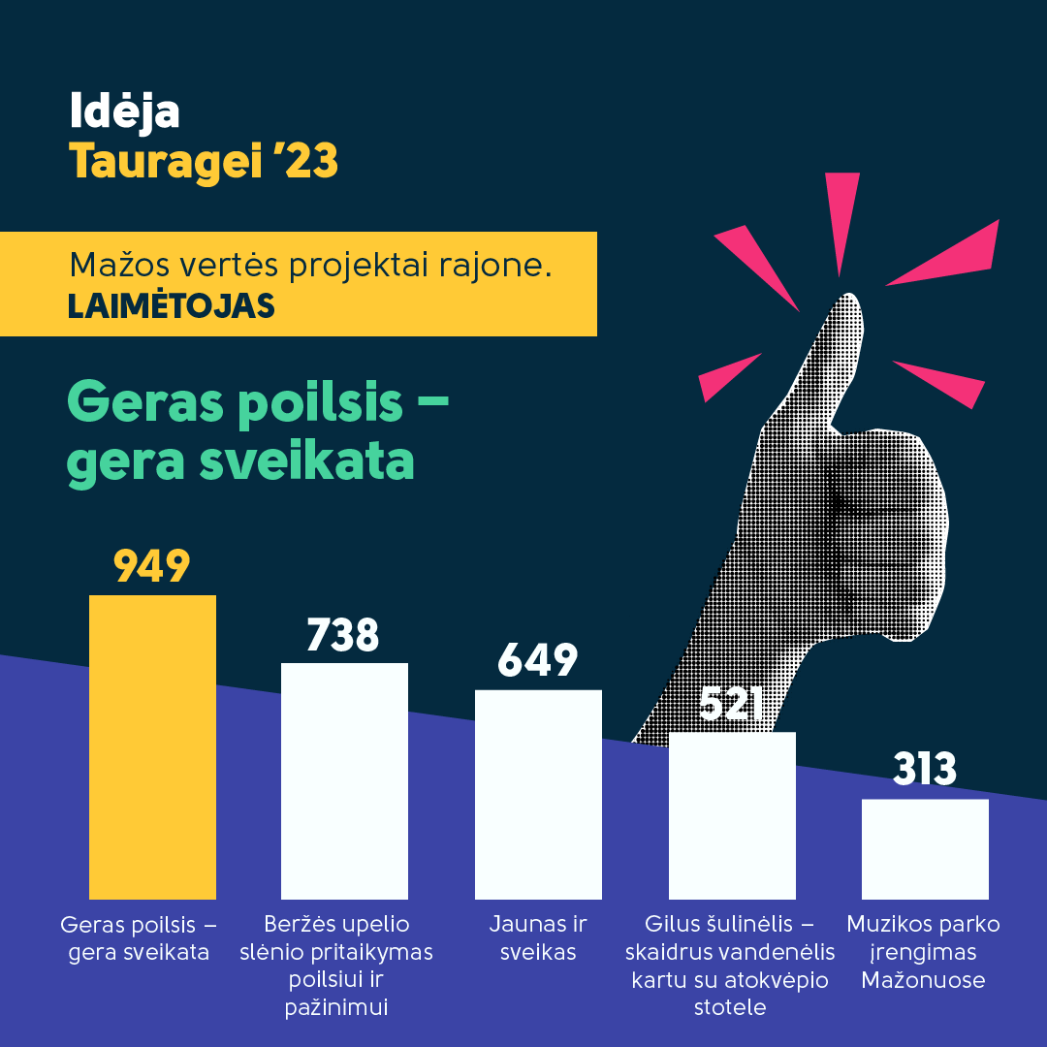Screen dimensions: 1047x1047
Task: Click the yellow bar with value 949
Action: coord(152,747)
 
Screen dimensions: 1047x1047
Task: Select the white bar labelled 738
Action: coord(344,781)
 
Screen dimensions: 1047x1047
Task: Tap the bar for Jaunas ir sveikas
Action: coord(538,795)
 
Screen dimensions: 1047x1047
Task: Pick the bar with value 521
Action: coord(732,816)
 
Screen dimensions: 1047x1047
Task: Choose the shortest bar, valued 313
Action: coord(925,849)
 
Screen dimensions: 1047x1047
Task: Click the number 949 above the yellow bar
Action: coord(152,566)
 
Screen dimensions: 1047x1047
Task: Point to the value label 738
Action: coord(343,634)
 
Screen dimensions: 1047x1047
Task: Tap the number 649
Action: coord(537,660)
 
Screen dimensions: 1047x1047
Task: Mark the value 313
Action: coord(925,769)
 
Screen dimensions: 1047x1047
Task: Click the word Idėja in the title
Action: coord(125,111)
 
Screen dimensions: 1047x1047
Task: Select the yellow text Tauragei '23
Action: coord(204,161)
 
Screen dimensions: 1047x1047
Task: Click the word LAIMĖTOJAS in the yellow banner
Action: coord(171,305)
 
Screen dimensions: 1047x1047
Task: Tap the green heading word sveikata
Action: coord(307,460)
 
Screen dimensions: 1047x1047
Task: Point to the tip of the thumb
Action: coord(848,295)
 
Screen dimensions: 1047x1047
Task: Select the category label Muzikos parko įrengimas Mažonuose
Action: coord(924,952)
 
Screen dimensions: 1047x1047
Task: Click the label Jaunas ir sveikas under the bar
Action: coord(538,937)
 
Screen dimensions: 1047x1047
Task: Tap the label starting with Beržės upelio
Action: coord(336,965)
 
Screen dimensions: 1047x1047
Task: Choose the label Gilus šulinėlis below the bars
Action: coord(730,965)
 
